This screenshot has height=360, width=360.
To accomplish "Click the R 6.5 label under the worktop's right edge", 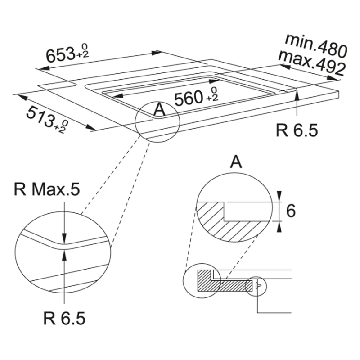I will (x=297, y=130).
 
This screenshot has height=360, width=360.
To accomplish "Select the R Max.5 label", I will (x=47, y=190).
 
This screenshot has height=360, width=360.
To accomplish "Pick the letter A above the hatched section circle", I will (x=236, y=162).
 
